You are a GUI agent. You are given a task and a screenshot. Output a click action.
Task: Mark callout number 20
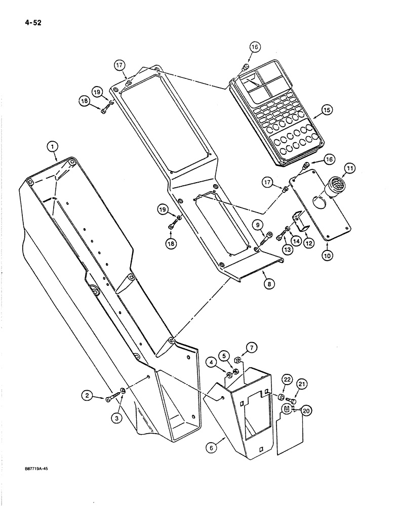[305, 411]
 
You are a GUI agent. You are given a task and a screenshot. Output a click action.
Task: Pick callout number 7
[251, 347]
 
